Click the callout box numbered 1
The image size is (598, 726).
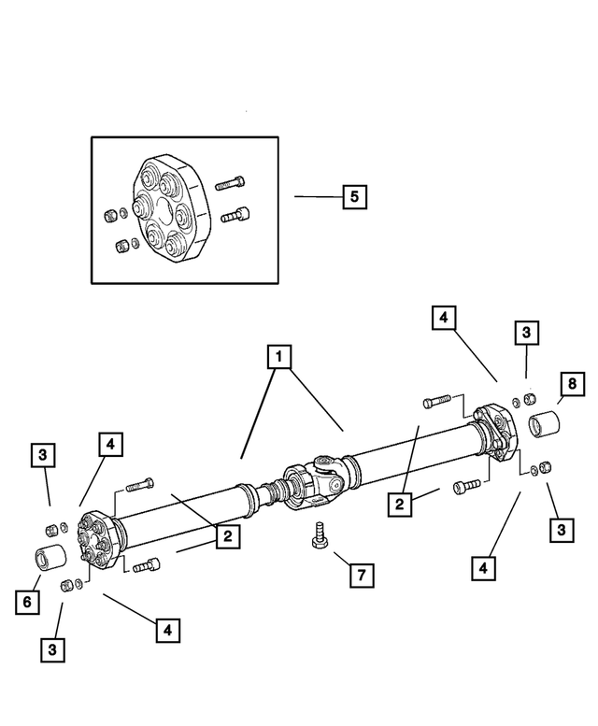click(x=277, y=356)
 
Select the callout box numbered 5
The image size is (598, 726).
click(x=353, y=197)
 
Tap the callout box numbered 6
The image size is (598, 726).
click(x=28, y=603)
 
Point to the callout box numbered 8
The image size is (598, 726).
click(x=571, y=383)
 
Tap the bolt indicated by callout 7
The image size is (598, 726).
click(x=319, y=535)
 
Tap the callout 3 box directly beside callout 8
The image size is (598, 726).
click(x=526, y=333)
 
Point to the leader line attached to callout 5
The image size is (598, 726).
click(x=318, y=197)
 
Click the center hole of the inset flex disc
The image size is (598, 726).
click(x=164, y=207)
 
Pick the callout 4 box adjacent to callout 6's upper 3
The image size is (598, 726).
click(x=109, y=445)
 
